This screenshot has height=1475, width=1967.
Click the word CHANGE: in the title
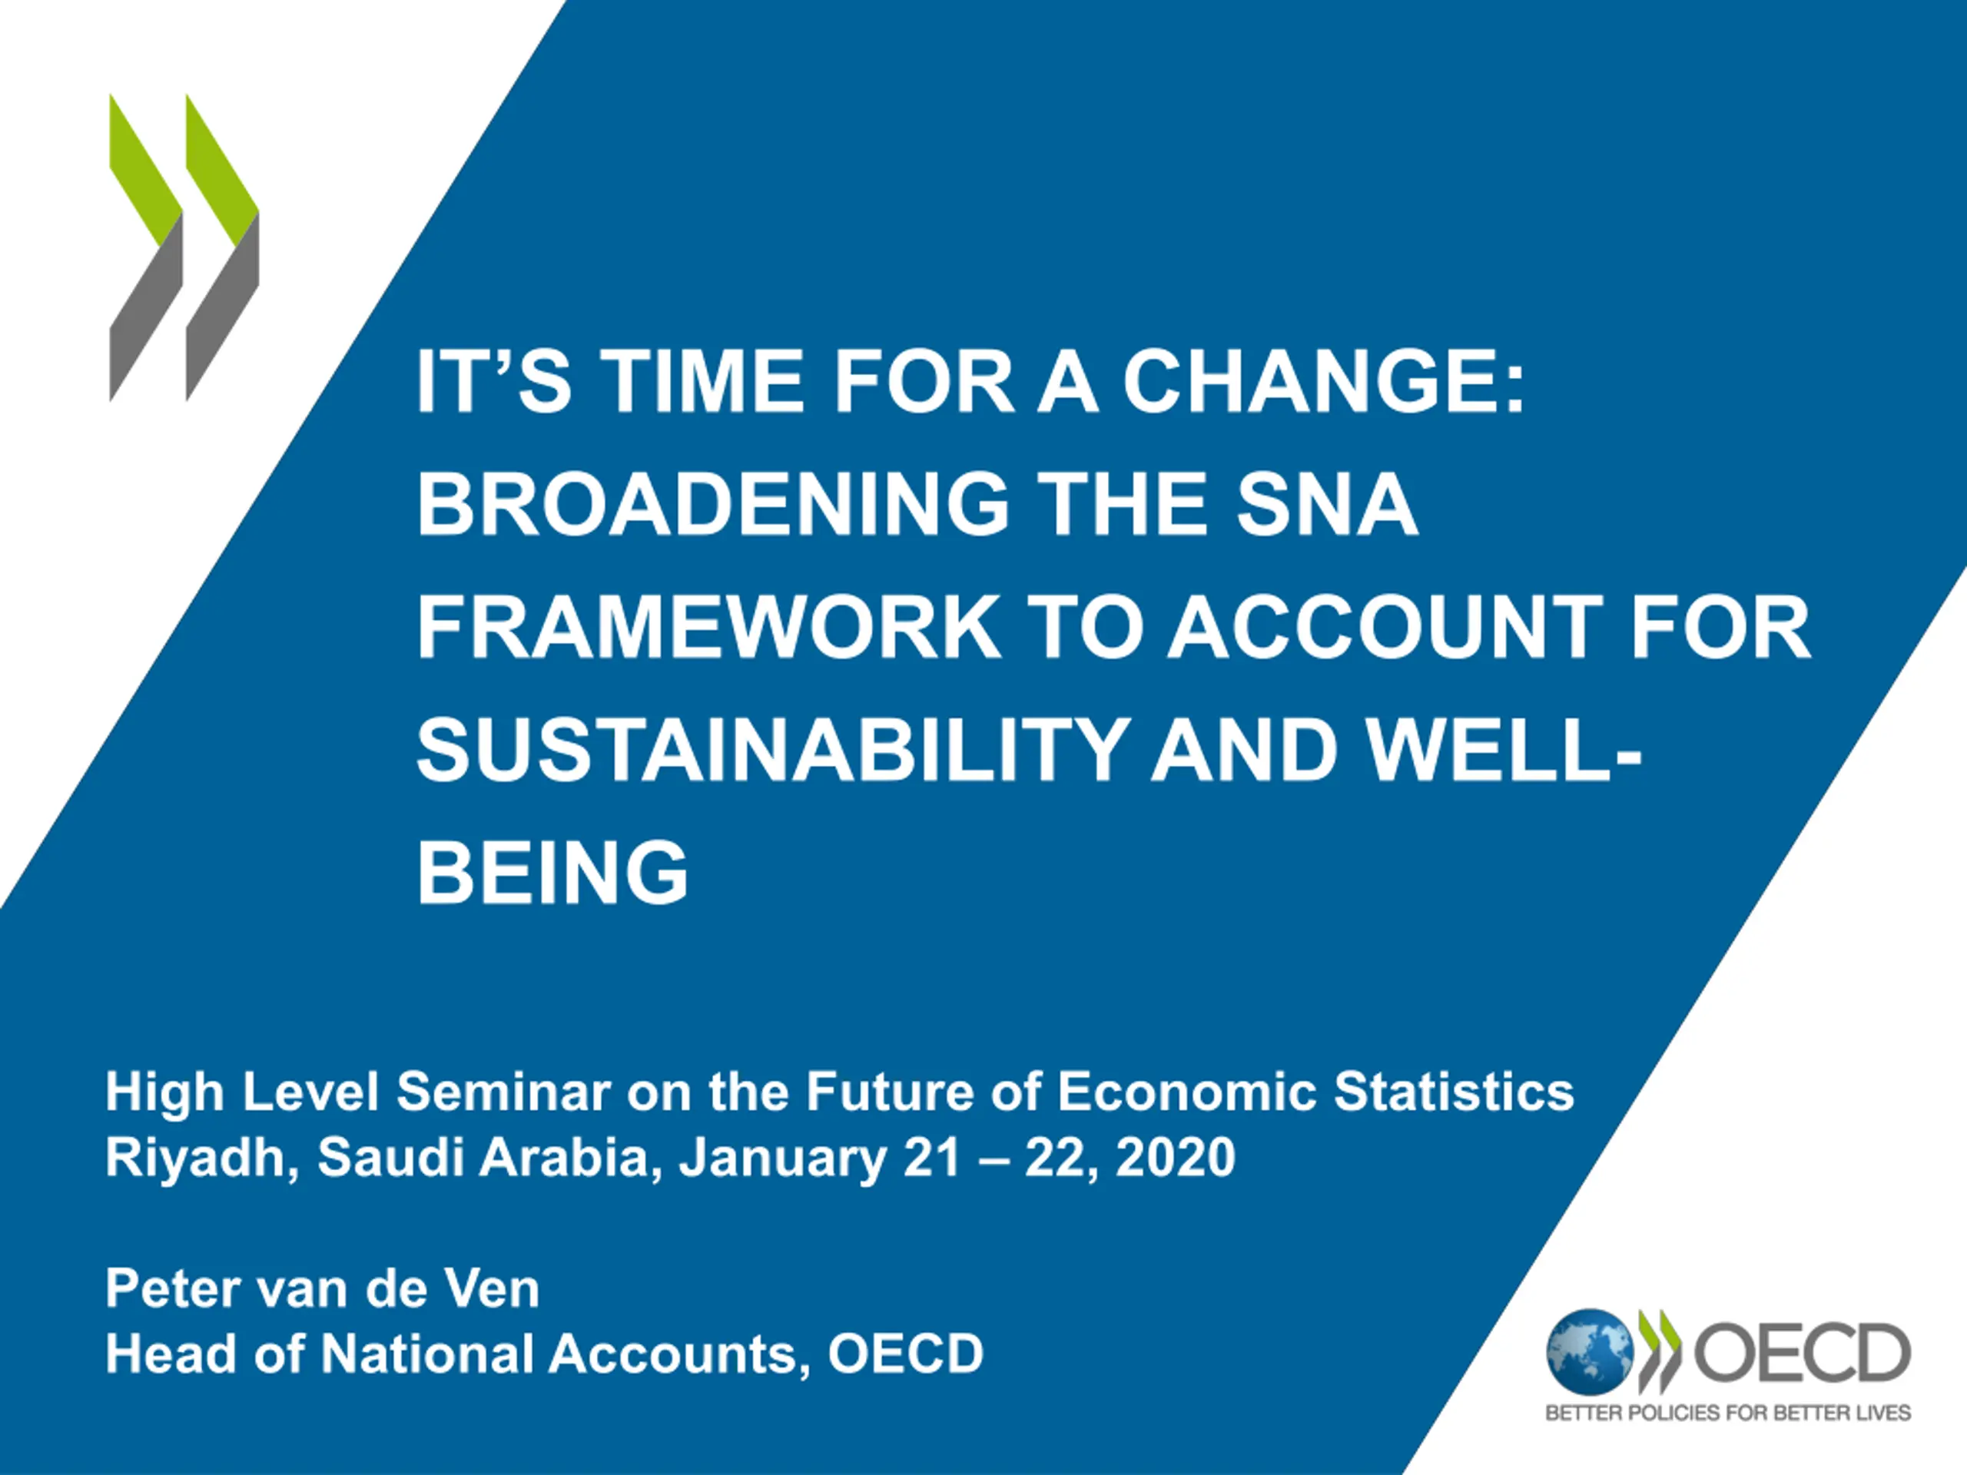point(1323,380)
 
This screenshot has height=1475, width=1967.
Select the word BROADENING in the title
point(713,503)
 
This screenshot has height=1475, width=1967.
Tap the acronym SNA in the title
point(1327,503)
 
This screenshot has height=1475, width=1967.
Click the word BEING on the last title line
point(552,871)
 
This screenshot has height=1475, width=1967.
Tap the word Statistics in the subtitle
point(1454,1092)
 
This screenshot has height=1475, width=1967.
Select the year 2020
point(1176,1158)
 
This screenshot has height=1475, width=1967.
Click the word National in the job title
point(426,1354)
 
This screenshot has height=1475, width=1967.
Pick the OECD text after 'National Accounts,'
point(905,1354)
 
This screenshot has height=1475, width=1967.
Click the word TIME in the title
point(702,380)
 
